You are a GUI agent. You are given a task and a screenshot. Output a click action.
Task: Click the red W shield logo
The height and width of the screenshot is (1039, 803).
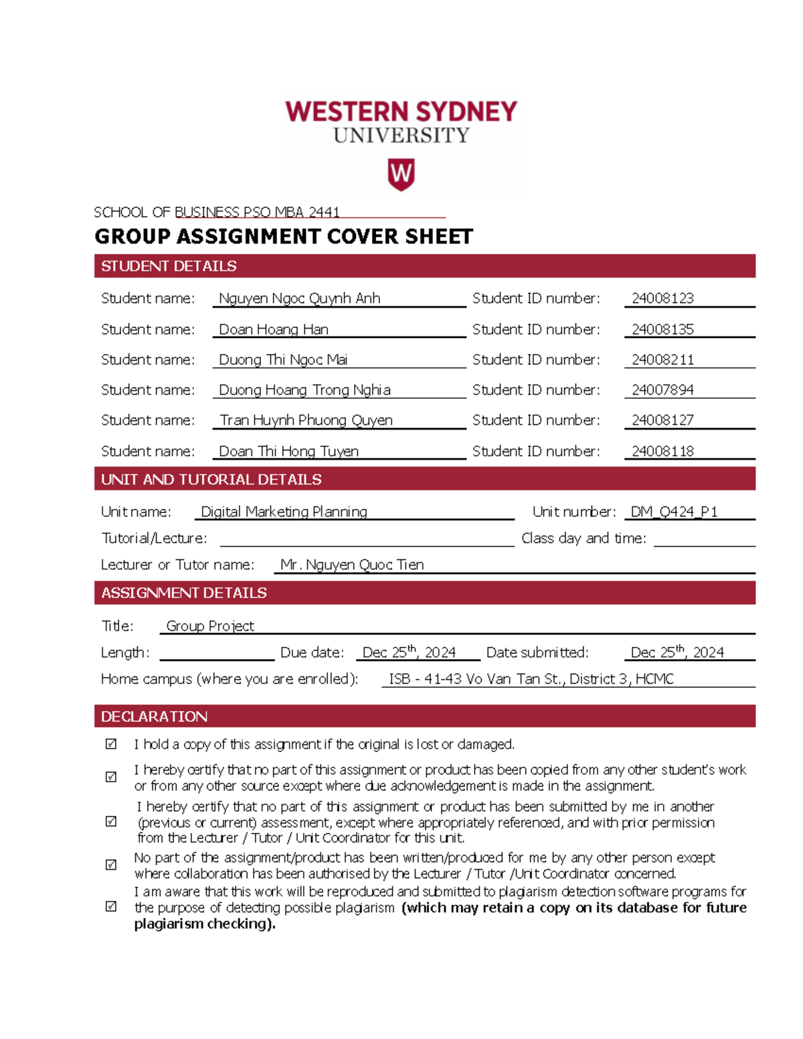point(401,175)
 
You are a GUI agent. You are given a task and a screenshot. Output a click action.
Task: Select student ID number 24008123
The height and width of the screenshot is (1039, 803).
point(662,298)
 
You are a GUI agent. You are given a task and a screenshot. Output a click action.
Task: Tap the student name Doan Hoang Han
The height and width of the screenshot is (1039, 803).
point(274,329)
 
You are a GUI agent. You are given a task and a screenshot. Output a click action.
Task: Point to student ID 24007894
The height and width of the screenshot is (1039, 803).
point(662,389)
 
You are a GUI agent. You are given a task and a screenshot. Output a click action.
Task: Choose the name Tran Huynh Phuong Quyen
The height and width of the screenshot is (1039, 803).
point(306,420)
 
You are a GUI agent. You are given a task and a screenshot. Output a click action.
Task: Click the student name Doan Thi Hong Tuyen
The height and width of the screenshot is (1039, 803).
point(288,451)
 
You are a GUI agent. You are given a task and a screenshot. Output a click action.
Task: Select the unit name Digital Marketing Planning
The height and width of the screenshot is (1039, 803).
point(284,512)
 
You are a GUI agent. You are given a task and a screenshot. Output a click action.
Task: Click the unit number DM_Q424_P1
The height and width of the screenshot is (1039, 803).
point(674,512)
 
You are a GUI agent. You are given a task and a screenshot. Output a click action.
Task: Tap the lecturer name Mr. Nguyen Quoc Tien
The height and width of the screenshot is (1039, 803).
point(352,565)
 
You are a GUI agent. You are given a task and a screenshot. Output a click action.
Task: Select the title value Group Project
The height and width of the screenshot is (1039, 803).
point(210,626)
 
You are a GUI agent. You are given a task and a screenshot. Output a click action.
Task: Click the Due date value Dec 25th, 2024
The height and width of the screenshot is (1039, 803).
point(409,652)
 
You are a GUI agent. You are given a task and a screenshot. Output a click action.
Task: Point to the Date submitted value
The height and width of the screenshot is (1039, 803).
point(677,652)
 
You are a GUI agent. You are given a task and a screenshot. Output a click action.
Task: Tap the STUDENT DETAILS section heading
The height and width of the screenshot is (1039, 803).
point(169,266)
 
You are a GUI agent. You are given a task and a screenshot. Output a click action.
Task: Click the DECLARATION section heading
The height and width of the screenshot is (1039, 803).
point(154,717)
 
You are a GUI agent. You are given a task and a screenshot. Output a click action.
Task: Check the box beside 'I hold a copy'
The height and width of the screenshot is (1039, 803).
point(111,744)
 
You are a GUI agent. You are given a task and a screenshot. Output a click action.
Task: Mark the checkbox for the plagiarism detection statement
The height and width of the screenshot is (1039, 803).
point(111,907)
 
